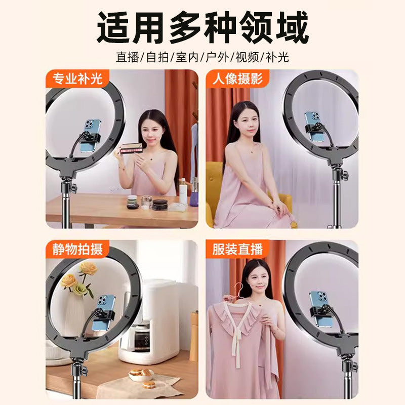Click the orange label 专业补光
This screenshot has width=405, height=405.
click(x=77, y=78)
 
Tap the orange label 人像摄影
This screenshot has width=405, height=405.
click(x=237, y=78)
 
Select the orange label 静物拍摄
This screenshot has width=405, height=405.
click(x=77, y=249)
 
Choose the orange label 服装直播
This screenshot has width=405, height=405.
click(x=237, y=249)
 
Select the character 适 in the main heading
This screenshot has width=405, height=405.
click(x=113, y=27)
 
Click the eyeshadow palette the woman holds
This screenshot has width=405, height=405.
click(x=132, y=148)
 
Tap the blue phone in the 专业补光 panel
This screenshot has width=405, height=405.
click(x=91, y=135)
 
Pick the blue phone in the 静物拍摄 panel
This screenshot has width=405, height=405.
click(x=105, y=311)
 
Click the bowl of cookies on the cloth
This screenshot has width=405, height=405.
click(x=141, y=374)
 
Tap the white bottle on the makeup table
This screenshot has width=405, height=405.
click(x=183, y=191)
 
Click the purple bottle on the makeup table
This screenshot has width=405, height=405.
click(x=194, y=193)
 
